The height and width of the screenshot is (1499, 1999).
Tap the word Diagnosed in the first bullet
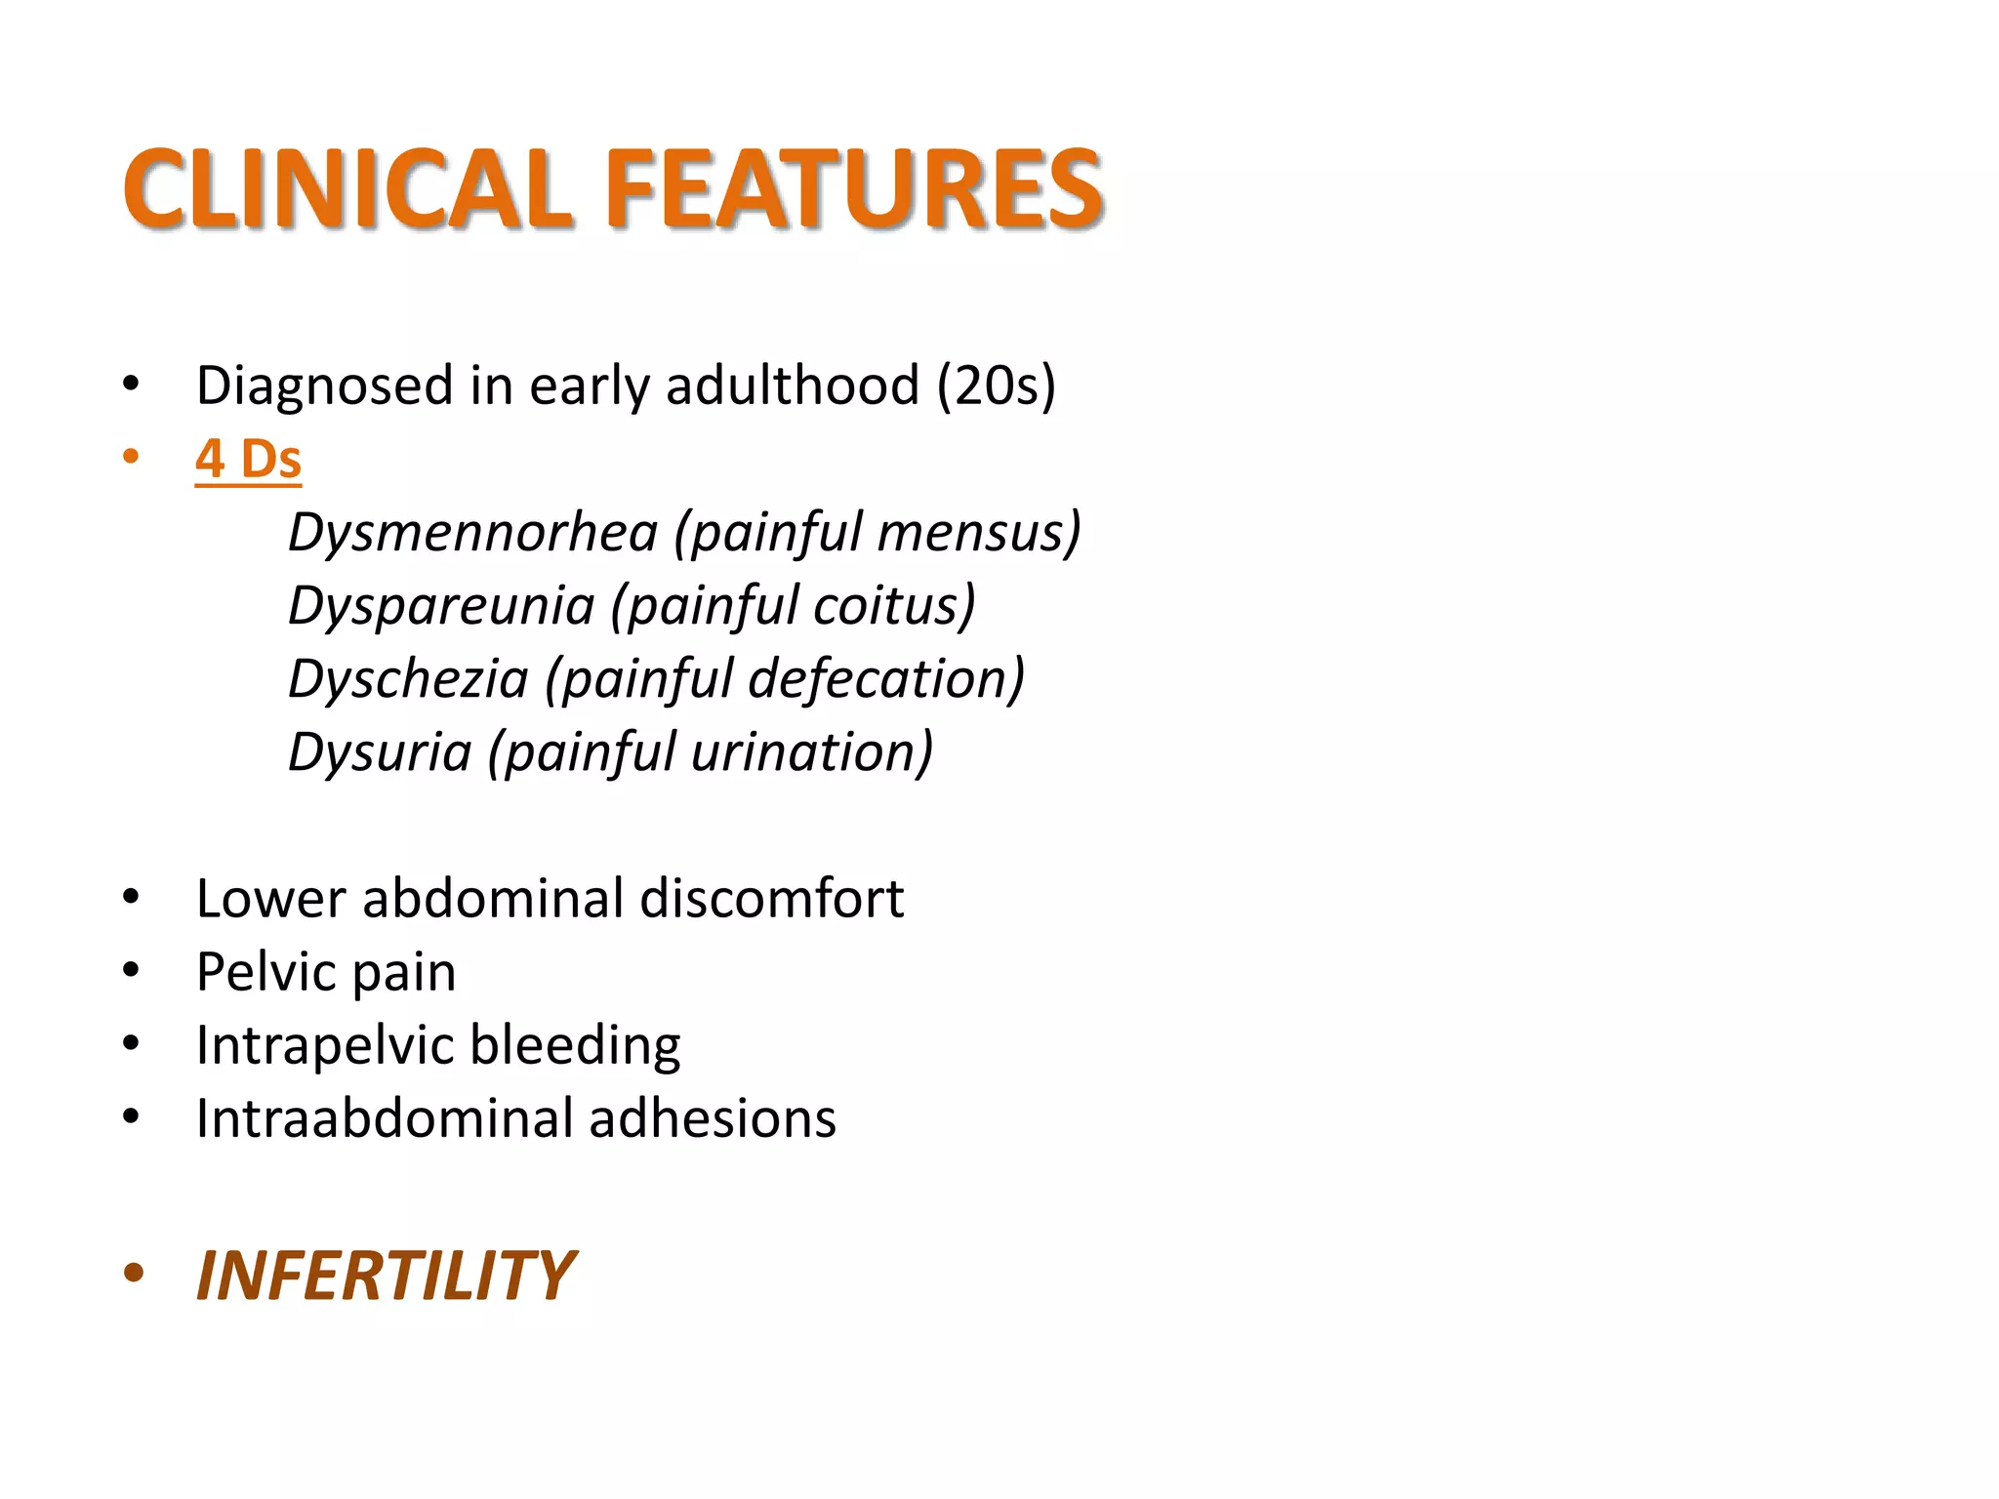pos(324,385)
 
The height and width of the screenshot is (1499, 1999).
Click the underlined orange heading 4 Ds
pos(248,459)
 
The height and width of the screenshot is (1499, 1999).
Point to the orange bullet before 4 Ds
pos(131,457)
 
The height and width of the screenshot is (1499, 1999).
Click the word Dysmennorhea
pos(473,533)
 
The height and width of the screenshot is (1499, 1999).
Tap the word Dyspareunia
pos(441,606)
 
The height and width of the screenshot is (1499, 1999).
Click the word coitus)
pos(894,606)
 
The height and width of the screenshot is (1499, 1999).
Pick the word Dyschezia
pos(408,679)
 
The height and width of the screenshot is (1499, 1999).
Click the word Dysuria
pos(380,752)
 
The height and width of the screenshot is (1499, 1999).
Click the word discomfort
pos(771,898)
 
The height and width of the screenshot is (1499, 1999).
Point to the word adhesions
pos(713,1118)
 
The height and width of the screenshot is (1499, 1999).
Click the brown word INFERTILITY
pos(386,1276)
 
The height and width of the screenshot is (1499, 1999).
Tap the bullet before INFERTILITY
pos(134,1273)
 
